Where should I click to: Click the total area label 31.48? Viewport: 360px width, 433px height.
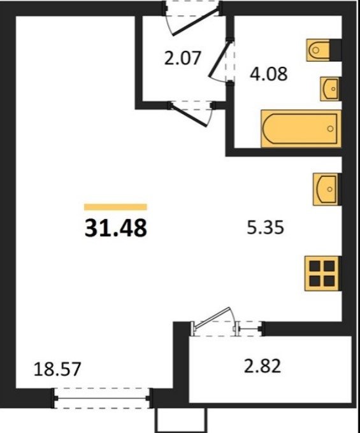pos(115,228)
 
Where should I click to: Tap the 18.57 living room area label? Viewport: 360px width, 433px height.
pos(57,369)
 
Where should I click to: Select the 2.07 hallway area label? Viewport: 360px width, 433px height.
pos(182,59)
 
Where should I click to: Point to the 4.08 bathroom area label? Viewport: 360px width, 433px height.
pos(268,74)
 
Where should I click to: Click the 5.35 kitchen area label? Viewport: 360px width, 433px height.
pos(265,228)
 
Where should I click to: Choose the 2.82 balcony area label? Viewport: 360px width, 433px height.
pos(263,366)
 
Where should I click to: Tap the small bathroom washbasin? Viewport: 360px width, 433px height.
pos(330,89)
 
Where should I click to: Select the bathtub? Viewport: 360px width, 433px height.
pos(301,129)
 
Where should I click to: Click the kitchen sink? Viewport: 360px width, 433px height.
pos(327,189)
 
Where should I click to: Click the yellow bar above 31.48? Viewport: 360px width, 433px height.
pos(115,207)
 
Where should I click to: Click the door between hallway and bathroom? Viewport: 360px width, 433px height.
pos(219,59)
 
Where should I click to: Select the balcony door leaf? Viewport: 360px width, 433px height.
pos(213,318)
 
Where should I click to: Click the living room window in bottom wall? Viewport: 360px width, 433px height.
pos(102,398)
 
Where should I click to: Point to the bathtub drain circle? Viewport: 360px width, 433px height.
pos(330,129)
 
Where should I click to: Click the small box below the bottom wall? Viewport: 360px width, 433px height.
pos(181,420)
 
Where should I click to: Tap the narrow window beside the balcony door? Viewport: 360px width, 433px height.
pos(248,329)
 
